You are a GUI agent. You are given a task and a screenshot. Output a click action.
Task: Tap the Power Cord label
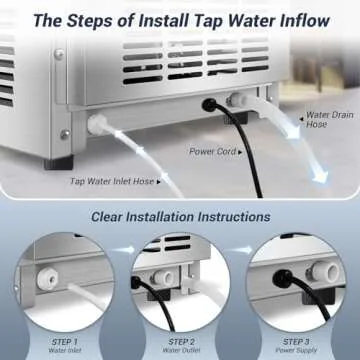[x=212, y=152]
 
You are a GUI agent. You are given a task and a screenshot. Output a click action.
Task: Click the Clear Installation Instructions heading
[x=180, y=216]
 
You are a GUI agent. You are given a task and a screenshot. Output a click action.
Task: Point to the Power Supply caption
[x=298, y=351]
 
